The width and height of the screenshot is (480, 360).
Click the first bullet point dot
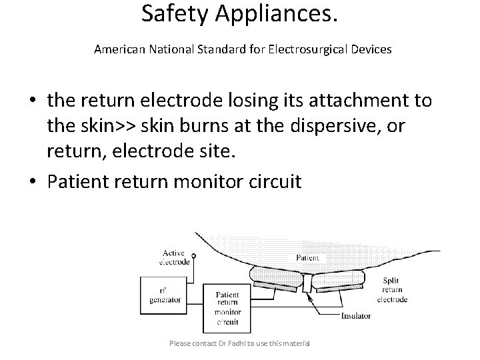tap(32, 102)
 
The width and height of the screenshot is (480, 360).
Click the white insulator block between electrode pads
tap(307, 284)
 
